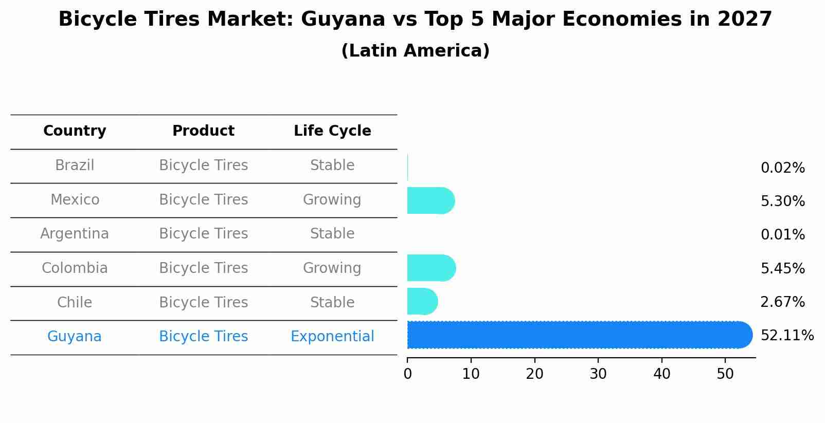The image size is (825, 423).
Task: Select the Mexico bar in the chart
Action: [430, 200]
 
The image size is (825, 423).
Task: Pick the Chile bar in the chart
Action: [422, 301]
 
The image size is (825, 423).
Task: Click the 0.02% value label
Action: [782, 168]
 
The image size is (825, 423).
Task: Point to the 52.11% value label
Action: [786, 336]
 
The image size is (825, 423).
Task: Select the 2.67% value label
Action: [782, 302]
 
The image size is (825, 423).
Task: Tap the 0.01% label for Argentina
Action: [782, 235]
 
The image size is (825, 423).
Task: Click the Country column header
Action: [75, 131]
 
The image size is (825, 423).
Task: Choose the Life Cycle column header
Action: [332, 131]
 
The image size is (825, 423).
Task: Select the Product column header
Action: [203, 131]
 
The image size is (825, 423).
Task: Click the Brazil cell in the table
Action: [75, 165]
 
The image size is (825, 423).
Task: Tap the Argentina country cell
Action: [75, 234]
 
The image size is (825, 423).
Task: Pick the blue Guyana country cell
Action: [75, 337]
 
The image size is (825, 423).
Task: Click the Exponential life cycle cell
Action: [332, 337]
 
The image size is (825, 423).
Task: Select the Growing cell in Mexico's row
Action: [332, 199]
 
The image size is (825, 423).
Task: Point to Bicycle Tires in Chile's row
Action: [203, 302]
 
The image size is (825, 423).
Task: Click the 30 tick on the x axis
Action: [598, 374]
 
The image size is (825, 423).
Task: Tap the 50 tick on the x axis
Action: [725, 374]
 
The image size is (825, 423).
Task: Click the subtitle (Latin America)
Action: [415, 51]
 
